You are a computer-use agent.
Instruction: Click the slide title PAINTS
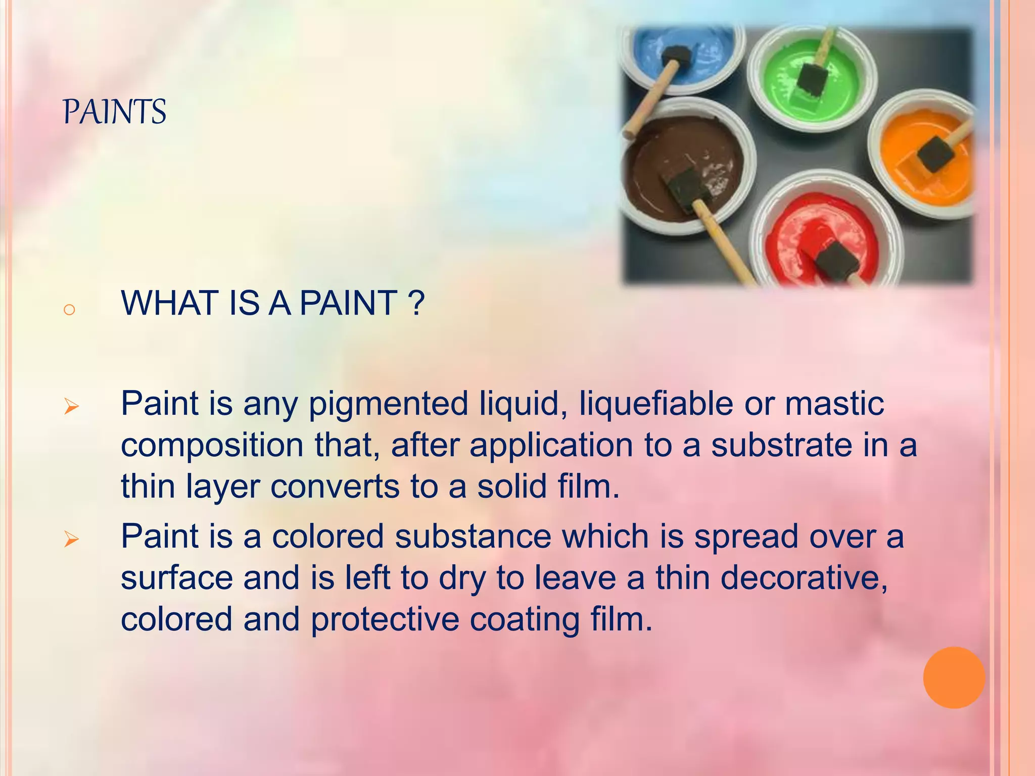pos(115,112)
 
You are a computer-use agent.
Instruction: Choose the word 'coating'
pos(525,620)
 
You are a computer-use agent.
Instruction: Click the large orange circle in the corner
pos(954,677)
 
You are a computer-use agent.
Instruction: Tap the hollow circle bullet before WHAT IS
pos(70,309)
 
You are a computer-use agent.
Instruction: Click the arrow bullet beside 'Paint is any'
pos(71,406)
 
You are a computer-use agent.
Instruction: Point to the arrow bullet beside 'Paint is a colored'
pos(71,540)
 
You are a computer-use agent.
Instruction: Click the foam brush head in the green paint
pos(813,79)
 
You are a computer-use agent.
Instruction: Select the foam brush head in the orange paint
pos(935,153)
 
